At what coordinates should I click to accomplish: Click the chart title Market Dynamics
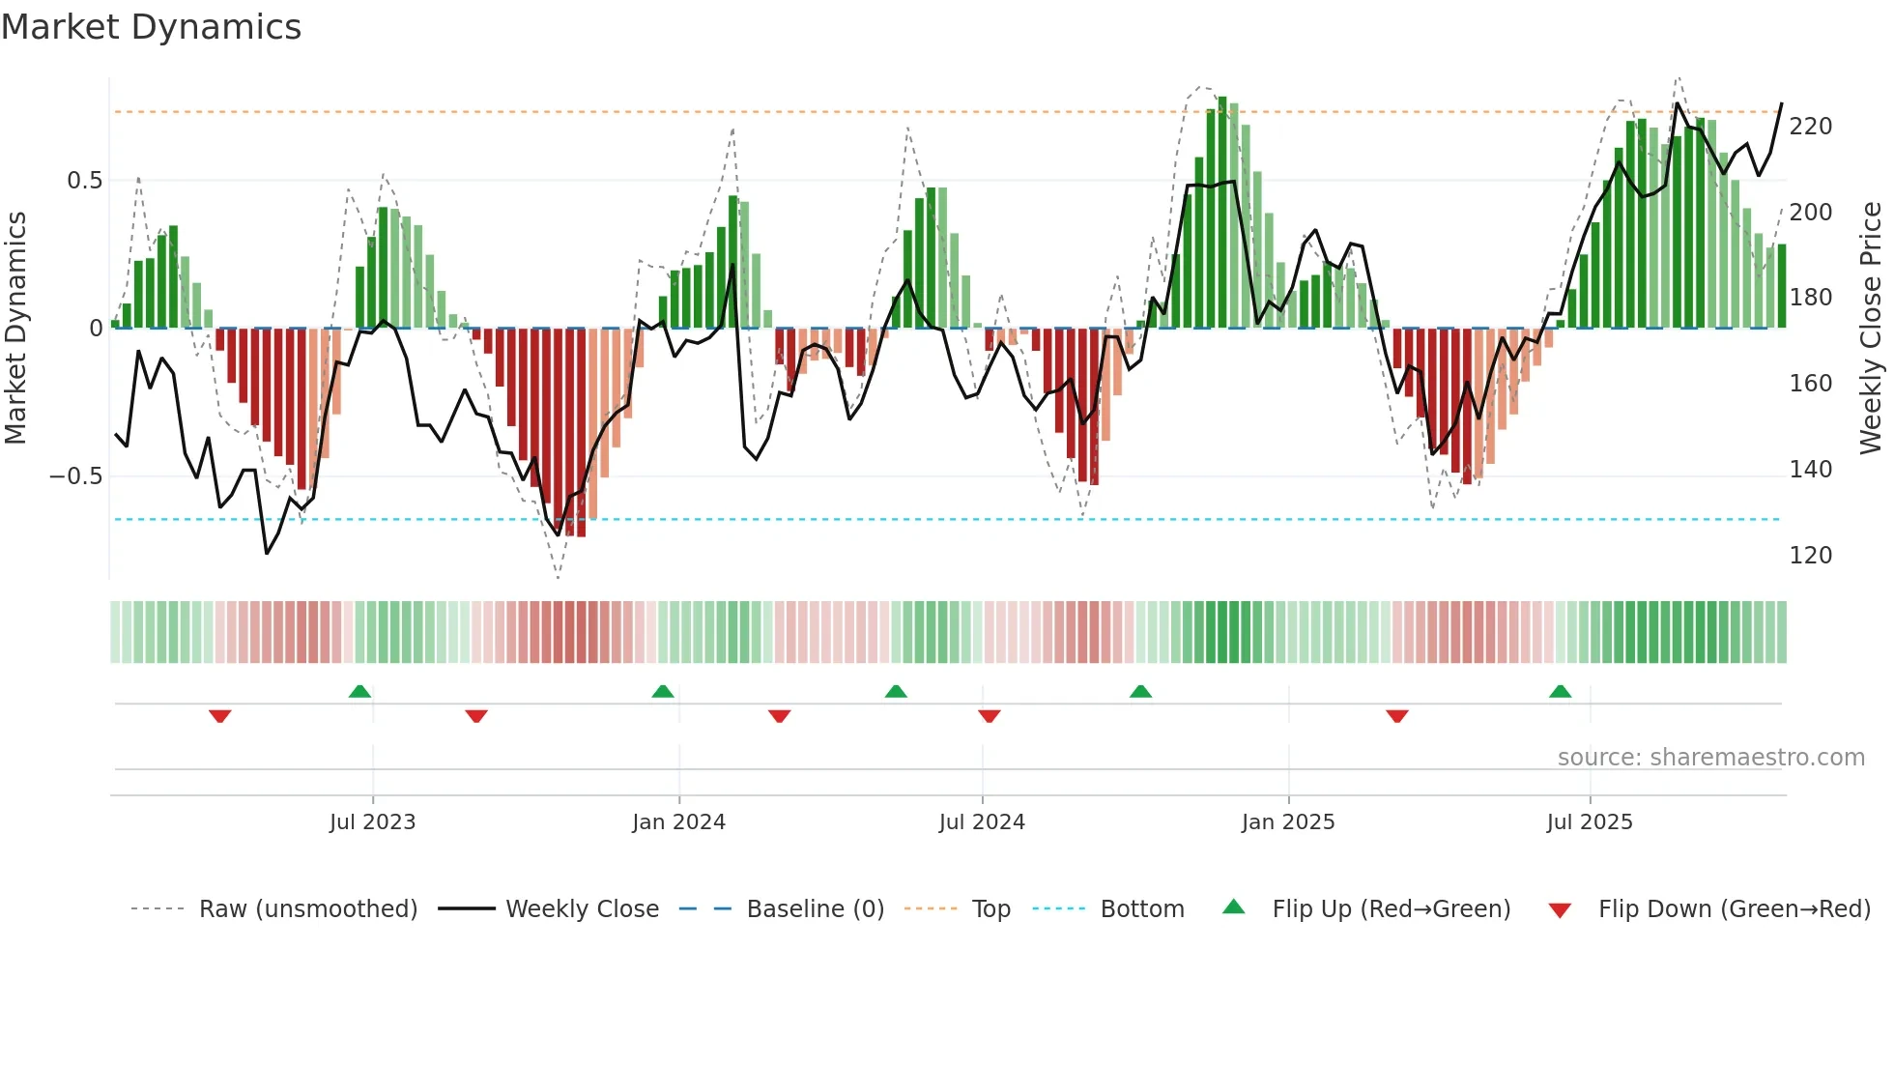point(152,27)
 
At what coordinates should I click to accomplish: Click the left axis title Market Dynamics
point(16,328)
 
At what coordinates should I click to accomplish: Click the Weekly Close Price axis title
point(1871,328)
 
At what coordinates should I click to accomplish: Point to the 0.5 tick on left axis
point(85,181)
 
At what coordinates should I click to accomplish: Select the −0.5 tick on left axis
point(76,476)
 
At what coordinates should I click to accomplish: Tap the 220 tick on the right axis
point(1810,127)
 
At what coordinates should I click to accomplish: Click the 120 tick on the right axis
point(1810,556)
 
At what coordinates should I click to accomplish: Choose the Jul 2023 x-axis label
point(372,822)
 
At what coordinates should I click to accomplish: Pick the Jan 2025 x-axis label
point(1287,822)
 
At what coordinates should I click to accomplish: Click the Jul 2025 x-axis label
point(1589,822)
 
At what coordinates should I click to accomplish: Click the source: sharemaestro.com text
point(1710,758)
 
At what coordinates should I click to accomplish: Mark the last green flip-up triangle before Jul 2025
point(1560,692)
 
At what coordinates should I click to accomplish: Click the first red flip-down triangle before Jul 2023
point(220,716)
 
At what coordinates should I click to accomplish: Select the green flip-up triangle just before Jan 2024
point(662,692)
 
